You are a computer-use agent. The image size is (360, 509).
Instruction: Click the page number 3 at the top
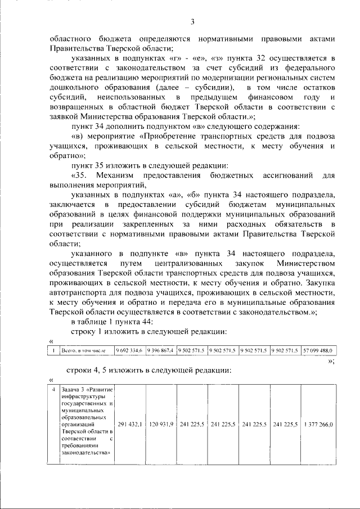pyautogui.click(x=192, y=22)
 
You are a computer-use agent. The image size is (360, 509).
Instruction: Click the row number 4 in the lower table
pyautogui.click(x=52, y=389)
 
